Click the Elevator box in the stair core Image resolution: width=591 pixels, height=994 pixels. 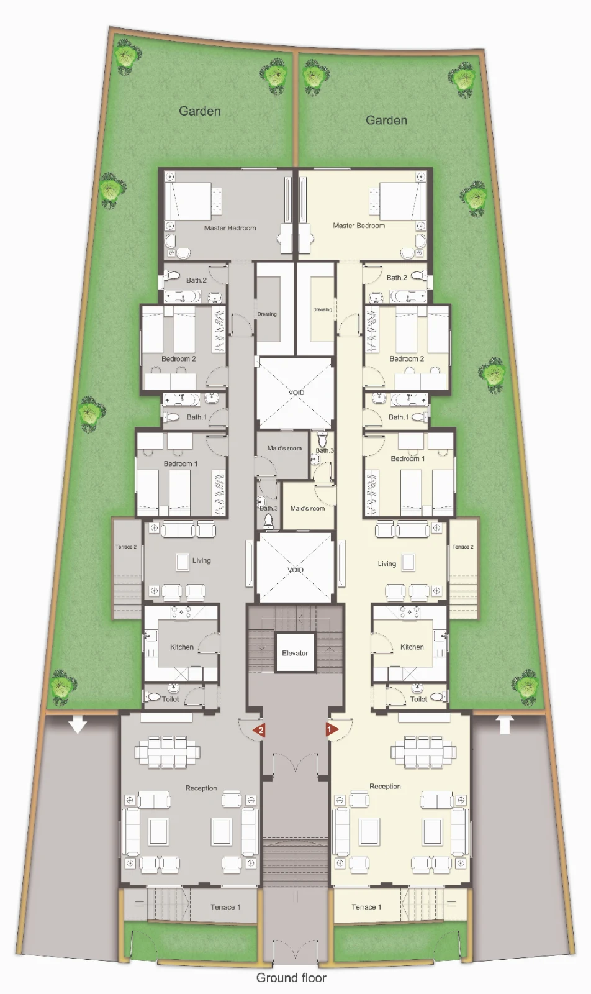click(295, 652)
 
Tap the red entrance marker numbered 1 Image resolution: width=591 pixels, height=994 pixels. click(332, 729)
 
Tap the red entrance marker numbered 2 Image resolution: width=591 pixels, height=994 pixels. click(259, 730)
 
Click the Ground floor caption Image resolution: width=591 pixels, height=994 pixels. click(291, 978)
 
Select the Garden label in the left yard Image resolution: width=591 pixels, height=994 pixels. click(199, 111)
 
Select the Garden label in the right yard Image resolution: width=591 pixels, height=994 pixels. click(386, 120)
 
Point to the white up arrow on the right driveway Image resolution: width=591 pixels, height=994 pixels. click(505, 724)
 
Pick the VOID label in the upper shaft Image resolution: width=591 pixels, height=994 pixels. click(296, 393)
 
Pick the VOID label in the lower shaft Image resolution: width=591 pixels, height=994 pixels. click(295, 570)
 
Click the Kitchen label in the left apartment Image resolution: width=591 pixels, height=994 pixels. click(182, 647)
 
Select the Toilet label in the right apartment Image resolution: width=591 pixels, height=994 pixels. click(418, 699)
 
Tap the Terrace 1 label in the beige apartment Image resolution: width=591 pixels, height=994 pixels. click(366, 907)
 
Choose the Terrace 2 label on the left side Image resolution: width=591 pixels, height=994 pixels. click(126, 547)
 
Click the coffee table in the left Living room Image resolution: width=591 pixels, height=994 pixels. click(183, 562)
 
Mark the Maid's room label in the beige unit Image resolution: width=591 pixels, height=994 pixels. click(307, 508)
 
